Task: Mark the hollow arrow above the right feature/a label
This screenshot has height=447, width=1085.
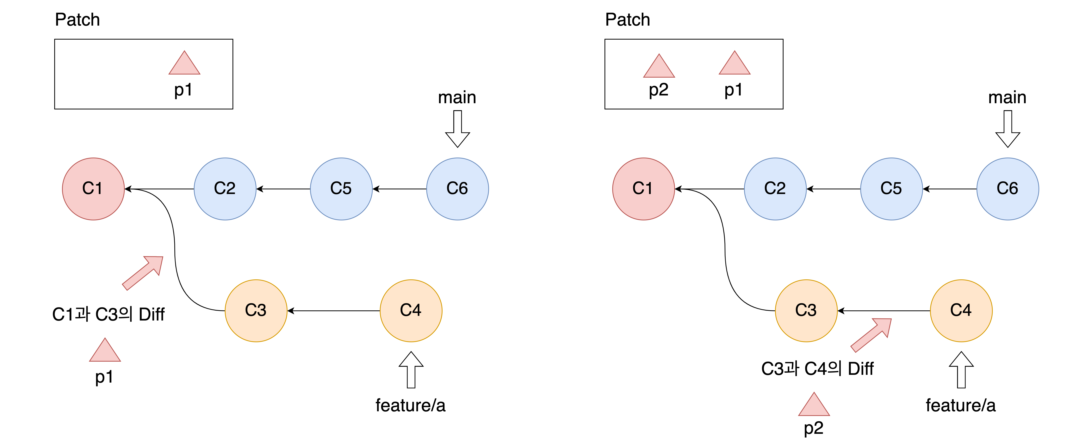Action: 961,370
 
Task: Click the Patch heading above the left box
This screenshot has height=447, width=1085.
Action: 77,20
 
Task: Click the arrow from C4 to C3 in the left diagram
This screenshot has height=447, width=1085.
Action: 334,311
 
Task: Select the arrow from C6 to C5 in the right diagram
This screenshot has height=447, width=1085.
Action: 949,189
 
